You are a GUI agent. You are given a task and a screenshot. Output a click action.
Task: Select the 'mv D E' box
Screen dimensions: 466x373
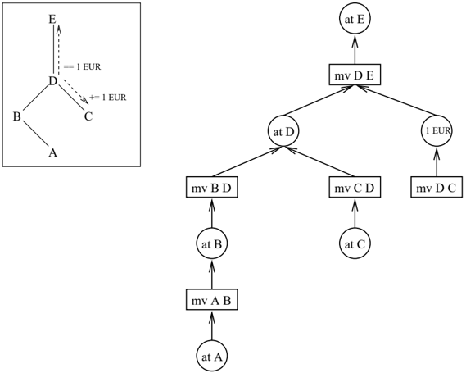point(355,75)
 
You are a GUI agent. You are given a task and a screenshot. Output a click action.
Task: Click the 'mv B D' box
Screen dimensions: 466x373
point(212,187)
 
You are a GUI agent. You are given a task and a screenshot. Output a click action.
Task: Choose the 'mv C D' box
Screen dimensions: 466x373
point(355,187)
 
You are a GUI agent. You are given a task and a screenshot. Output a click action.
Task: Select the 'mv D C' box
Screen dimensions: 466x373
point(437,187)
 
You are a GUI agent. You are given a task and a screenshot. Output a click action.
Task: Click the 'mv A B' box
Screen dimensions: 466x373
point(212,299)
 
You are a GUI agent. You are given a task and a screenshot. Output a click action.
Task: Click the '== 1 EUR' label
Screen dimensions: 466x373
point(83,67)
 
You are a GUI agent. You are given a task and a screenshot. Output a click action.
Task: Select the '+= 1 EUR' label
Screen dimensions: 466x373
point(108,98)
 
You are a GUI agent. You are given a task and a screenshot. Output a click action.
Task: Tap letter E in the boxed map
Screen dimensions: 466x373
point(52,20)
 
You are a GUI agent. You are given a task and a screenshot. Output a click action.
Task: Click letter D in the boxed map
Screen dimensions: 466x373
point(52,81)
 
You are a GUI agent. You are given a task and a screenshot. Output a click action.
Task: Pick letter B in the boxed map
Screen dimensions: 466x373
point(16,116)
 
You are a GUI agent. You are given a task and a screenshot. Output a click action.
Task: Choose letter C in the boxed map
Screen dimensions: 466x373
point(88,116)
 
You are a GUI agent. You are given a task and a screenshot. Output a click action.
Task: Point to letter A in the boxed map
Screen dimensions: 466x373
point(52,152)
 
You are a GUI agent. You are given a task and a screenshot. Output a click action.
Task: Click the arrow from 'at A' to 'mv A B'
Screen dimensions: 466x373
point(212,325)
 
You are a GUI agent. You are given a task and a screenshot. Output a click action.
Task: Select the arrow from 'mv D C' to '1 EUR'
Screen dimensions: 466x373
point(437,161)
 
